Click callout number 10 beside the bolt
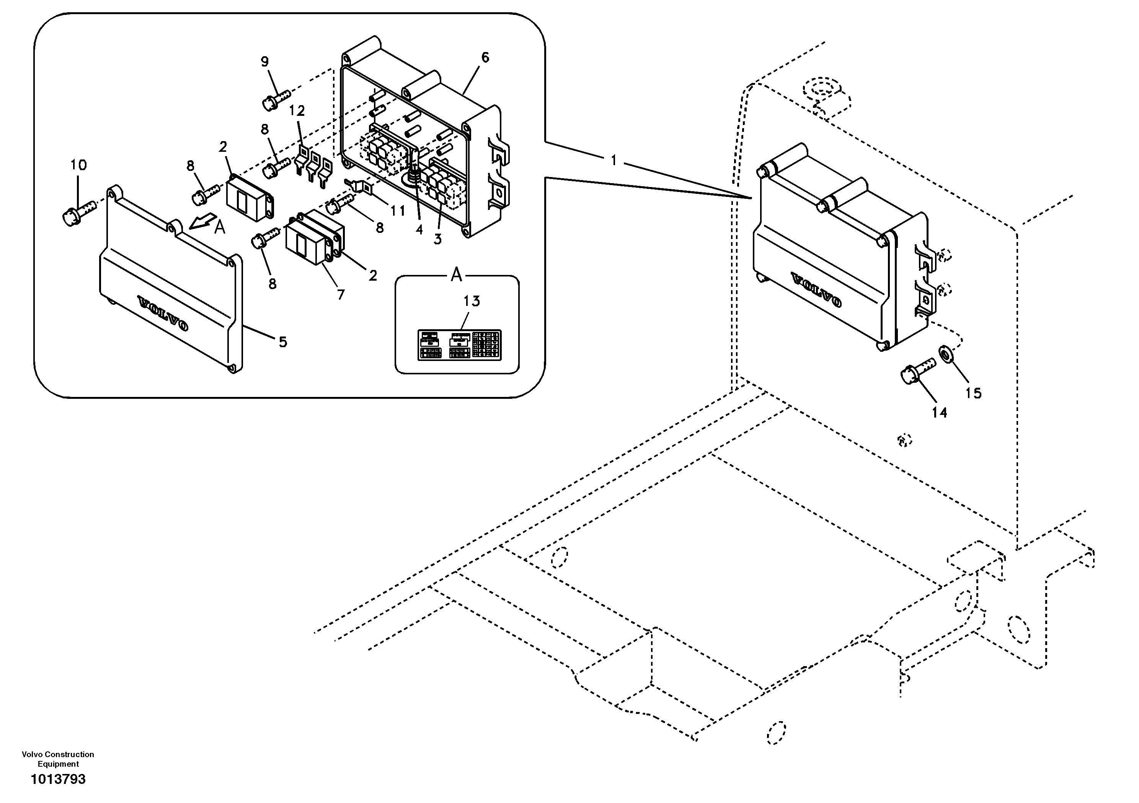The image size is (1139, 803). [78, 165]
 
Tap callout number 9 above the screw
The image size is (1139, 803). [264, 62]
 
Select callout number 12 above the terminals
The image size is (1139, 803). [297, 111]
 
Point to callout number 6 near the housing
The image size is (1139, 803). [485, 58]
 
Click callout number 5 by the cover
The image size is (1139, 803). [282, 341]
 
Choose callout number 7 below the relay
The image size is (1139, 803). [340, 295]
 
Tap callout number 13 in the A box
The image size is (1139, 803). [472, 301]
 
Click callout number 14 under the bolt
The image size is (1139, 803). [939, 413]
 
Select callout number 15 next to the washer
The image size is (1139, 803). [973, 393]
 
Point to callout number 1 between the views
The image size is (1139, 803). [613, 161]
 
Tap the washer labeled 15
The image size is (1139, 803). [945, 354]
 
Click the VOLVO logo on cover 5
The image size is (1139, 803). [163, 313]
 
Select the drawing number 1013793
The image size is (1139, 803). [58, 780]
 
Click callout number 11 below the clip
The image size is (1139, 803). [397, 211]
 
